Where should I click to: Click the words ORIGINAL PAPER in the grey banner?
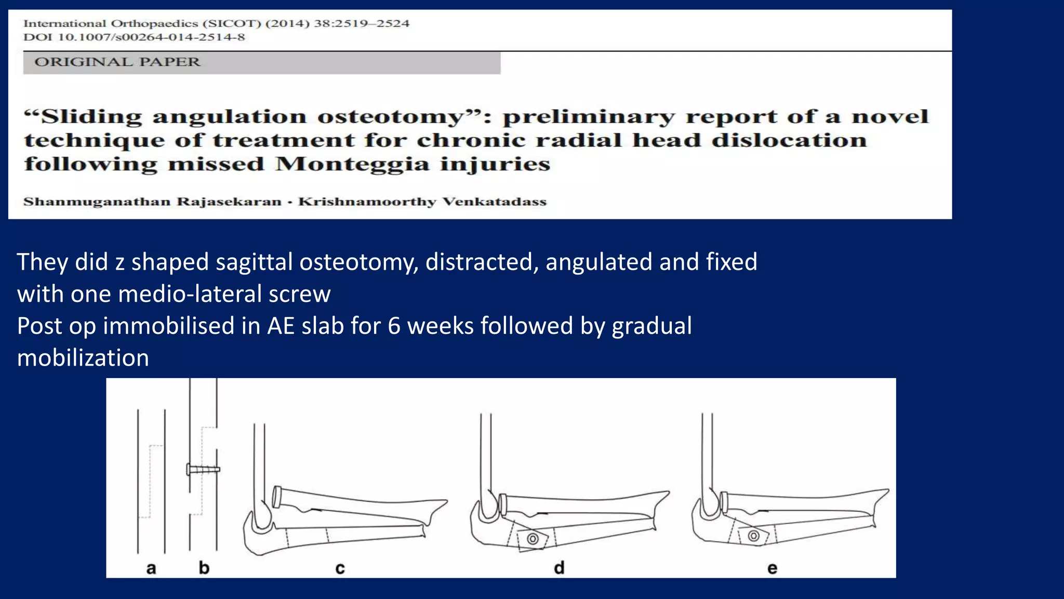pos(117,62)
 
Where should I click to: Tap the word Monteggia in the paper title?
pos(352,164)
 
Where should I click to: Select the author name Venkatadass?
pos(494,202)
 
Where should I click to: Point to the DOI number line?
pos(134,37)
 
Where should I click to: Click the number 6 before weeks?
pos(394,327)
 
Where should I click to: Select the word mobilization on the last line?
pos(83,358)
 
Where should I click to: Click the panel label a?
pos(151,568)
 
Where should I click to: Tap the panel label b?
pos(204,568)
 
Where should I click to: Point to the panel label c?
pos(340,568)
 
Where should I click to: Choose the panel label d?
pos(559,568)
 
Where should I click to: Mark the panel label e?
pos(773,568)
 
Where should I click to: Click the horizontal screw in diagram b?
pos(204,470)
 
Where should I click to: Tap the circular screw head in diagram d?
pos(533,539)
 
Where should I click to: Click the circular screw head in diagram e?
pos(754,536)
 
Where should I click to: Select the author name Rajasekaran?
pos(229,202)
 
